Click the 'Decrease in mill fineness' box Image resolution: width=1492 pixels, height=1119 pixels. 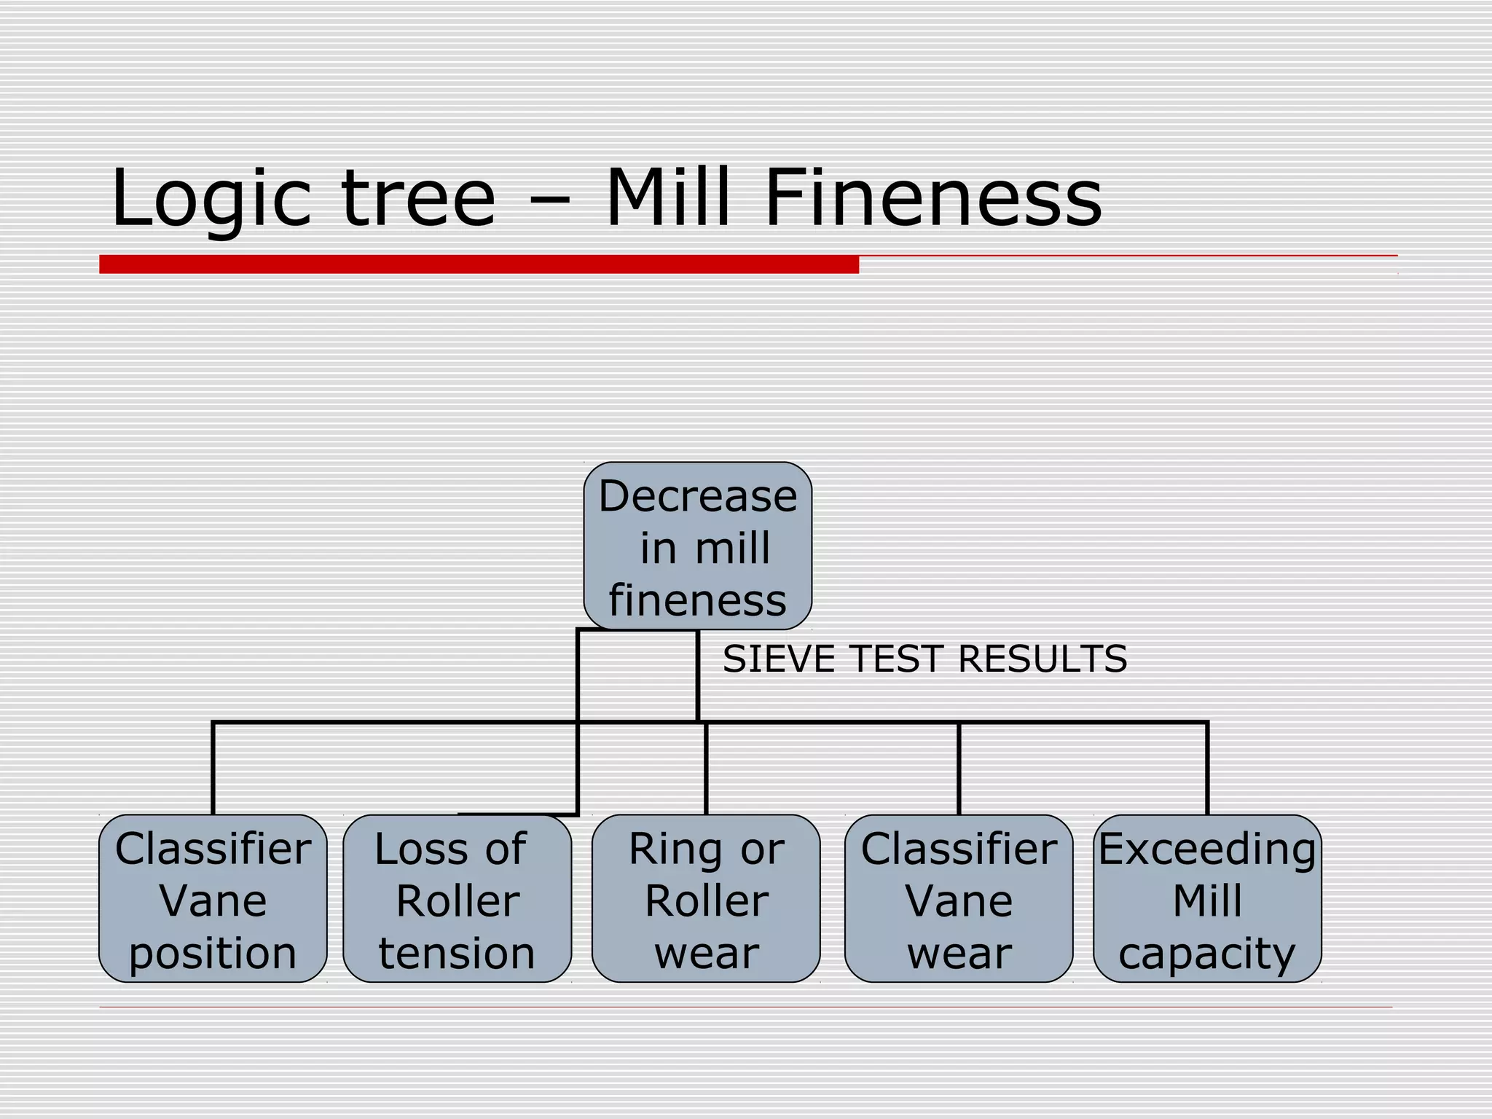point(697,546)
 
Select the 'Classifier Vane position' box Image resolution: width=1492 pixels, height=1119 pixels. point(213,898)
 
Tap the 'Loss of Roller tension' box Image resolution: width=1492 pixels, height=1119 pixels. point(457,898)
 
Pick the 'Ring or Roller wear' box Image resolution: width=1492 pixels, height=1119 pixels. point(706,898)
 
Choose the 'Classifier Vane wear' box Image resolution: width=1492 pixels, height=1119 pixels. point(959,898)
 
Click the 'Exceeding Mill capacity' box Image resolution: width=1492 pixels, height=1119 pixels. point(1207,898)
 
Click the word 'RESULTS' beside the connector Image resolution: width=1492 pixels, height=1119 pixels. point(1043,659)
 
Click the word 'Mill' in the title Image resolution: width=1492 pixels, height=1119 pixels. point(668,198)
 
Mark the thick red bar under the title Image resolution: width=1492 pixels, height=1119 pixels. point(479,264)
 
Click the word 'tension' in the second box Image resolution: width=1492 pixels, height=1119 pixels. point(457,953)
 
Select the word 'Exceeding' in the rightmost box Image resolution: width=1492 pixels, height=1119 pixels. point(1207,849)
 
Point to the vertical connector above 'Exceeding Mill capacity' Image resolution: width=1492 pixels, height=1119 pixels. point(1207,769)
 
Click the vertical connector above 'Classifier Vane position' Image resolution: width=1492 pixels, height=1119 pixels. point(213,769)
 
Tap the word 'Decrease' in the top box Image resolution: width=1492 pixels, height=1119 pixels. point(697,496)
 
